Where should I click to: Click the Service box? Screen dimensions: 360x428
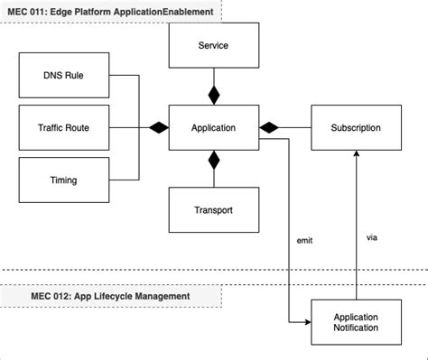[214, 45]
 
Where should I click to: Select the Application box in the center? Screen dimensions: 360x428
[214, 128]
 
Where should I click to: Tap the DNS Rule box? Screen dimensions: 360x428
[63, 76]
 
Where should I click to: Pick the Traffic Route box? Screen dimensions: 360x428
[63, 128]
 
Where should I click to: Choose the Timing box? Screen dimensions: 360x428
[63, 180]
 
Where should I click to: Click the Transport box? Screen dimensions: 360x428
[214, 210]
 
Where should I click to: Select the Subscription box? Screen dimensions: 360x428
[356, 128]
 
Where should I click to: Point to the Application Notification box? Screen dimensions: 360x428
[356, 322]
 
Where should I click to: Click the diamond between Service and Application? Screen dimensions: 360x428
[214, 95]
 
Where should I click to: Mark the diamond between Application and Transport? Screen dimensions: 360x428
[214, 161]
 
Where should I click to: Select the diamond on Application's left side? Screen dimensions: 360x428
[159, 128]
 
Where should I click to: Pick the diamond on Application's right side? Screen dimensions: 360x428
[269, 128]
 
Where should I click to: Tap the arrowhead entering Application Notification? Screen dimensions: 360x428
[305, 322]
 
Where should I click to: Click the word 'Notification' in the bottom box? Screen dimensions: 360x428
[356, 328]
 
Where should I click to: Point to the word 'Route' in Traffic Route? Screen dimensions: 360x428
[86, 128]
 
